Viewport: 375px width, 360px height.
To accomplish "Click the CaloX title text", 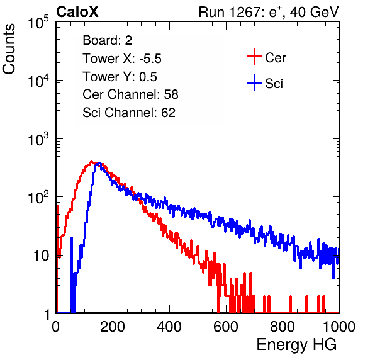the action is coord(77,12).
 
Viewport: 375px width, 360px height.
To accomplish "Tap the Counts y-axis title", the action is coord(9,49).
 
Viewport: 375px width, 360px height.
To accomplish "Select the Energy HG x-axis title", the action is coord(296,345).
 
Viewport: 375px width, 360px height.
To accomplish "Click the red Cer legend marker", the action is coord(254,57).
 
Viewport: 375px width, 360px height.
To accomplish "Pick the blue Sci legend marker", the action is coord(254,82).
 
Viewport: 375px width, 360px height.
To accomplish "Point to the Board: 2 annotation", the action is coord(107,40).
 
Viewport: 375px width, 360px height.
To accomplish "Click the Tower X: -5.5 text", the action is coord(122,59).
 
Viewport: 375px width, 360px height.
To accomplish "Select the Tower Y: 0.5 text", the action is coord(120,77).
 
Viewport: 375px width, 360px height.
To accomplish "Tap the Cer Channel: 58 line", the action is coord(130,94).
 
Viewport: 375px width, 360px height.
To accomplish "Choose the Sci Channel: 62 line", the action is coord(129,113).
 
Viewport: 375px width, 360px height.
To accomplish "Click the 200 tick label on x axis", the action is coord(113,327).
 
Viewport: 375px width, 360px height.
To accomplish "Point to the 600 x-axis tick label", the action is coord(226,327).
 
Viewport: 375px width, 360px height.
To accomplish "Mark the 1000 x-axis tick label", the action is coord(339,327).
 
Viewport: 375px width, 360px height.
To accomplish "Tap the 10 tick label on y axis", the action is coord(42,256).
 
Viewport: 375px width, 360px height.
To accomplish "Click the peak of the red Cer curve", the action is coord(92,162).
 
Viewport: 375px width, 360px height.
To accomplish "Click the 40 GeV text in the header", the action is coord(314,12).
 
